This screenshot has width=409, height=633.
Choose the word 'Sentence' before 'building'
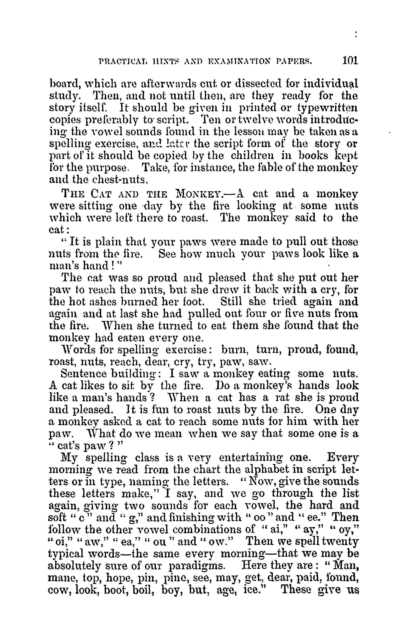click(84, 373)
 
